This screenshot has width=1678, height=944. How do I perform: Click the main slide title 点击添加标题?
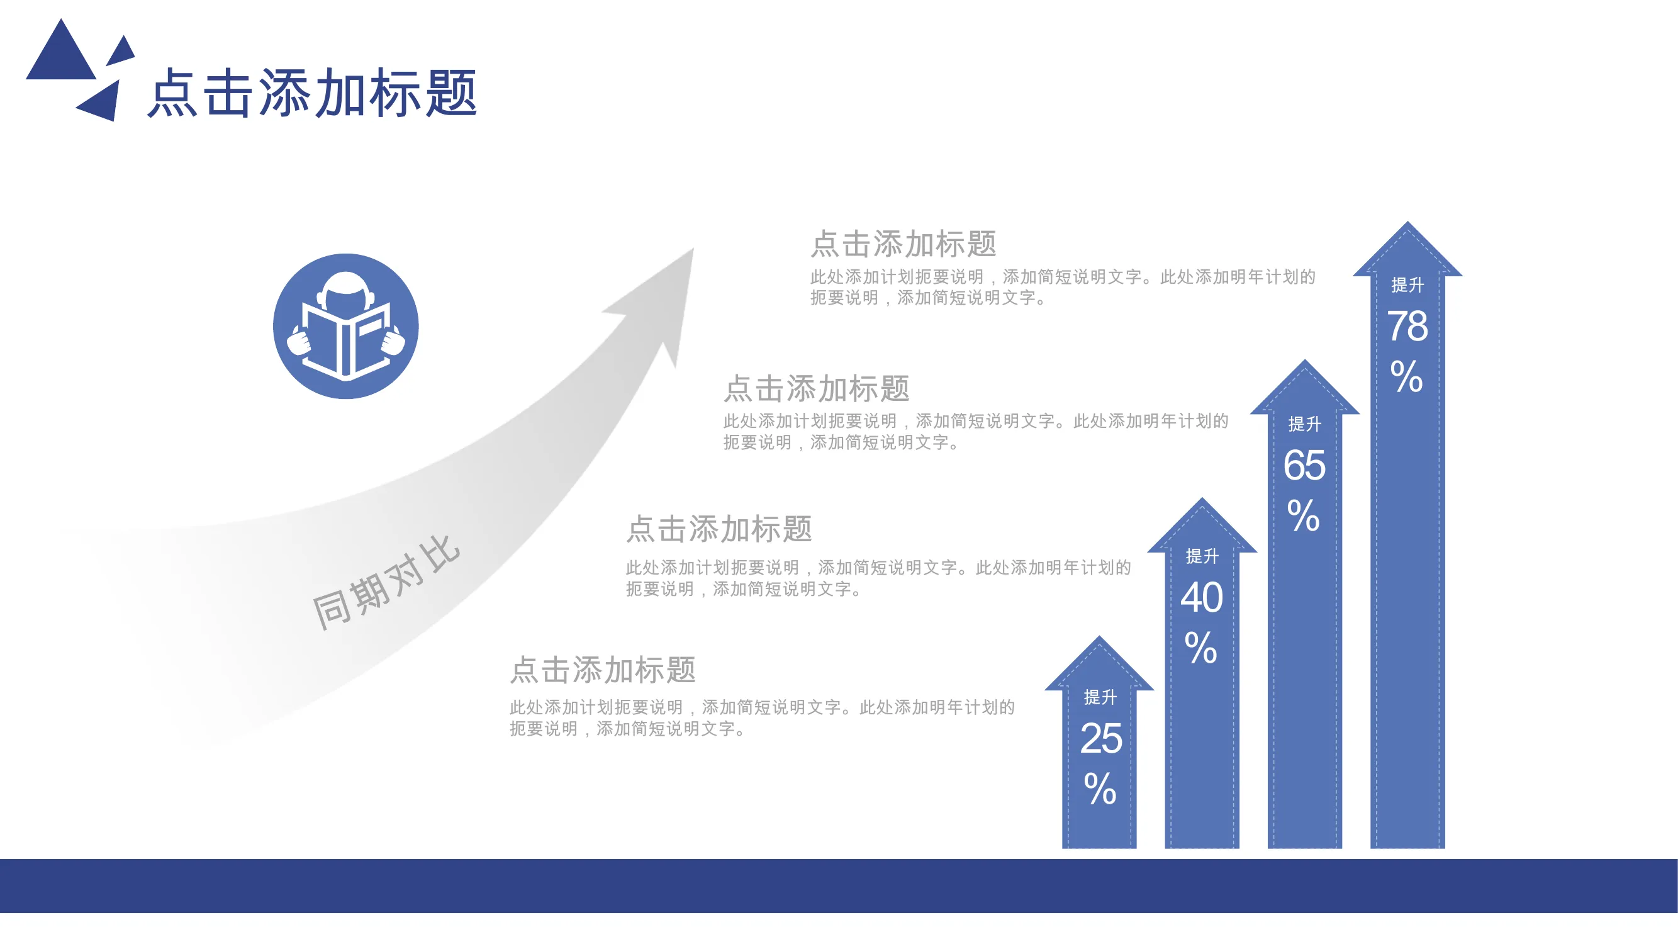coord(313,93)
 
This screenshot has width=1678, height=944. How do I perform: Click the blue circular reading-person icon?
coord(346,327)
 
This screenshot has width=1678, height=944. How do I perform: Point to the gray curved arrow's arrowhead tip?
coord(694,247)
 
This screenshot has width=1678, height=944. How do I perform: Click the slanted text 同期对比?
coord(386,583)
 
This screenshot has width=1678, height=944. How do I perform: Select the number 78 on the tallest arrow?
coord(1407,327)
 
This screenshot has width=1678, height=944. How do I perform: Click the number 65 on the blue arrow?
coord(1304,465)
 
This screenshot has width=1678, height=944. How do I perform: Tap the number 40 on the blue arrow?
coord(1202,597)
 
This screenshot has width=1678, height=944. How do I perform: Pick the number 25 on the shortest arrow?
coord(1101,739)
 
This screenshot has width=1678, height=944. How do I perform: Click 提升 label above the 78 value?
coord(1407,284)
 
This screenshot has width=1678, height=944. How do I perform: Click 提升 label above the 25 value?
coord(1100,697)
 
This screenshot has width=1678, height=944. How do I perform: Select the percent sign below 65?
coord(1304,516)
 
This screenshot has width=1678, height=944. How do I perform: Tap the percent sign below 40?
coord(1201,648)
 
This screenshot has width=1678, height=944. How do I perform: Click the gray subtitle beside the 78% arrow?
coord(903,244)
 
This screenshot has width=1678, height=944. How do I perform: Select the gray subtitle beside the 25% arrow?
coord(603,670)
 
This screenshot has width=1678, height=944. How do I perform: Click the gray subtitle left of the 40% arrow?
coord(719,529)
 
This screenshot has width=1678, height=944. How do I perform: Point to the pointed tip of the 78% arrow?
coord(1407,222)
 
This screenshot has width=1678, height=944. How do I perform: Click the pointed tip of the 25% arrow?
coord(1100,636)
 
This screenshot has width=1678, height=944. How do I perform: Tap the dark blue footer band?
coord(839,886)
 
